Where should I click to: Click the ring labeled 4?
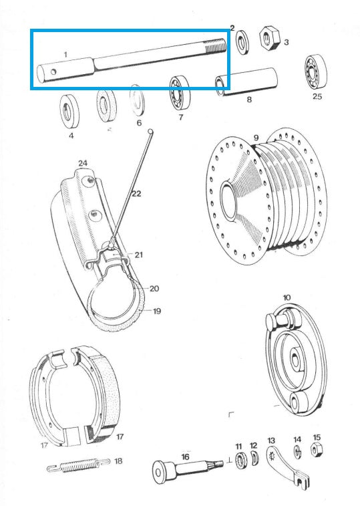[69, 110]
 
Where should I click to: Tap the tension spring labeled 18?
[76, 464]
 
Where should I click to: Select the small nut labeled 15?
[316, 451]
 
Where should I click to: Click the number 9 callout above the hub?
[256, 138]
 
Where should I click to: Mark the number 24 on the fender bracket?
[83, 163]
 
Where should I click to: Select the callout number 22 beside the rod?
[136, 194]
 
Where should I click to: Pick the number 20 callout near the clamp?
[154, 289]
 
